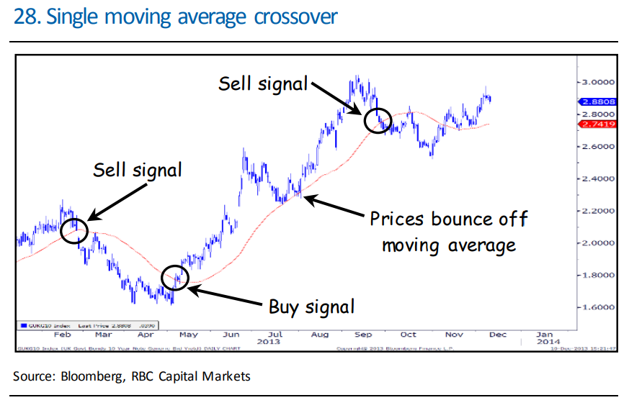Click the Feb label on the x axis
click(63, 334)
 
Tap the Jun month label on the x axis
click(232, 334)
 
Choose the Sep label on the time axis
click(365, 334)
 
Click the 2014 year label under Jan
click(545, 342)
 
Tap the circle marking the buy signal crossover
click(175, 276)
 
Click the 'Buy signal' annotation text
click(311, 307)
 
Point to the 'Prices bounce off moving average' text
click(448, 231)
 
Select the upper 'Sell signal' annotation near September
click(263, 83)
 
